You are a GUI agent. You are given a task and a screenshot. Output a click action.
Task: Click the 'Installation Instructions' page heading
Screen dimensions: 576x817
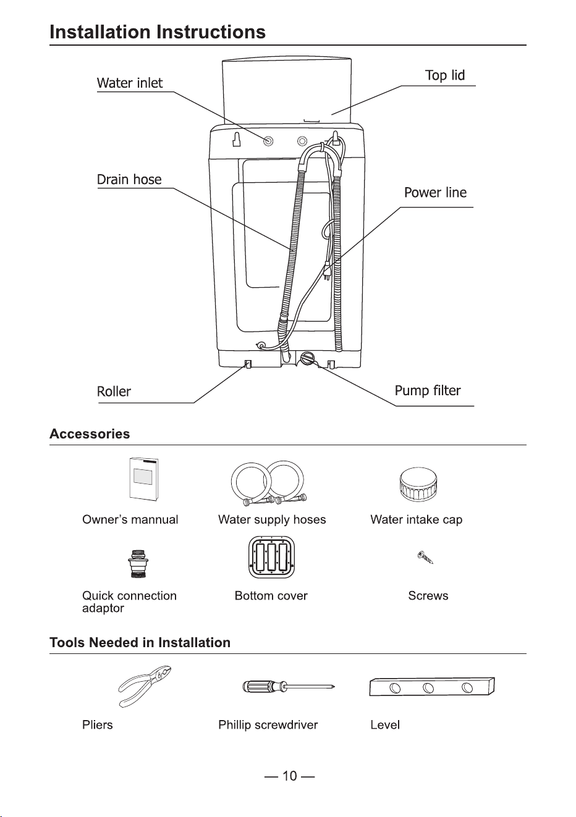coord(158,31)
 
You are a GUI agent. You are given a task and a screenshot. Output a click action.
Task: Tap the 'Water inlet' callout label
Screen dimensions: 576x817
coord(130,83)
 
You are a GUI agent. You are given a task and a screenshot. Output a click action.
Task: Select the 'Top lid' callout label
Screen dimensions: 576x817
coord(445,75)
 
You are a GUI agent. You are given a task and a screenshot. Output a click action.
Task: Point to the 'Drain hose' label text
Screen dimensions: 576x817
coord(129,180)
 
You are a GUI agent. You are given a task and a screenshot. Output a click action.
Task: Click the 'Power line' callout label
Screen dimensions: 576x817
coord(435,192)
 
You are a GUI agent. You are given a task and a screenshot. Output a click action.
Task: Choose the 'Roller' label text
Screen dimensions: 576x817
coord(114,392)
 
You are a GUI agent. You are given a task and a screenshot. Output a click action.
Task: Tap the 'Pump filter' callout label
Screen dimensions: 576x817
coord(428,391)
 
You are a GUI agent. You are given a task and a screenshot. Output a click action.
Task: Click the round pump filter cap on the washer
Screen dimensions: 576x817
coord(307,358)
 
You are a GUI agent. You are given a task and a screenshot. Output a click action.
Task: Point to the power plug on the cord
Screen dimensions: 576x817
coord(328,270)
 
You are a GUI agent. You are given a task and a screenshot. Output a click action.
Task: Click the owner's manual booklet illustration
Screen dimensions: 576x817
coord(144,479)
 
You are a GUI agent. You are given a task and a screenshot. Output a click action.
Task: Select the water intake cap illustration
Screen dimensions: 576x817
coord(418,484)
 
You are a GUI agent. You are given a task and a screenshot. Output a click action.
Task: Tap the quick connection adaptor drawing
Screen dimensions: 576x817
coord(138,564)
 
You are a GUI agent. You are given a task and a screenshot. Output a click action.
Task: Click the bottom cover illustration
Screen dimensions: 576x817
coord(271,557)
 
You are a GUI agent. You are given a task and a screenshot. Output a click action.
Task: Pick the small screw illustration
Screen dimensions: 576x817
coord(425,557)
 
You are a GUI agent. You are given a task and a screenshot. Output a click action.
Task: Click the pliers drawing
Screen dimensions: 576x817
coord(145,687)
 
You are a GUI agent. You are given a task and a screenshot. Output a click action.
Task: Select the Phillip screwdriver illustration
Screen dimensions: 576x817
coord(289,687)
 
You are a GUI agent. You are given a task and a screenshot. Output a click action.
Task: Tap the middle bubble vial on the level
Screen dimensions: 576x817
coord(428,688)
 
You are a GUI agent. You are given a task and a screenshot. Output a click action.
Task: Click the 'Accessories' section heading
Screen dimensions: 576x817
coord(90,434)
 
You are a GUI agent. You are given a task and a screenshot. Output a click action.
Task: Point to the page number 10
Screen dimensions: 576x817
coord(290,776)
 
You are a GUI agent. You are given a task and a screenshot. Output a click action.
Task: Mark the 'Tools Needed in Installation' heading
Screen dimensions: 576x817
coord(140,642)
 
